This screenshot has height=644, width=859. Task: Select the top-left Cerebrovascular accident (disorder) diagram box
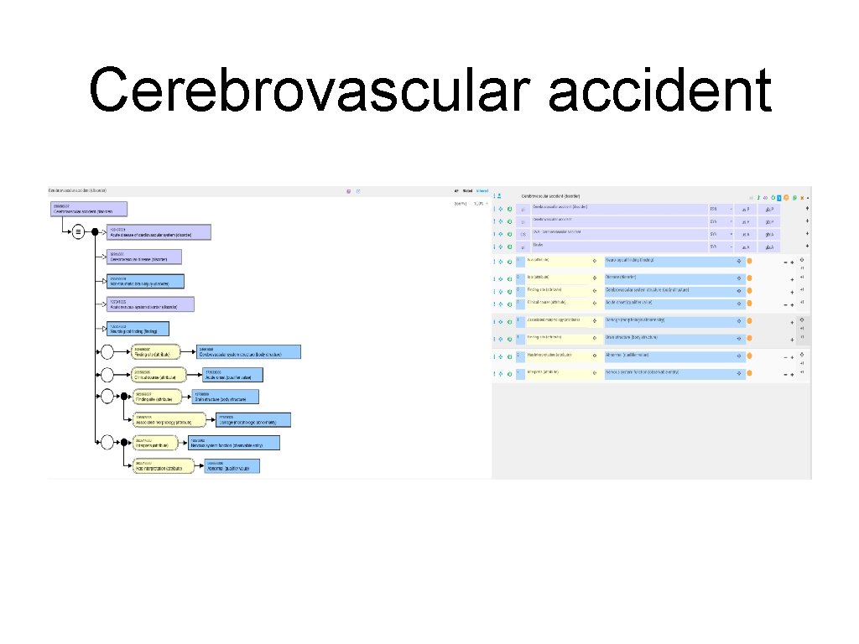[x=89, y=209]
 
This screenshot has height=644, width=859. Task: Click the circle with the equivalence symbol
[x=78, y=232]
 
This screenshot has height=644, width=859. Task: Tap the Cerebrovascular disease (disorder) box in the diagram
[x=143, y=257]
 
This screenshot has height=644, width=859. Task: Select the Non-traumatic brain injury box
[x=145, y=282]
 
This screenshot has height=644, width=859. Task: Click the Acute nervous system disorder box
[x=149, y=304]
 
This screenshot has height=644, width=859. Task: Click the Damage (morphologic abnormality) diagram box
[x=253, y=419]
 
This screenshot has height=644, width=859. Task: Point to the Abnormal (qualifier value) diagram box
[x=232, y=465]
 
